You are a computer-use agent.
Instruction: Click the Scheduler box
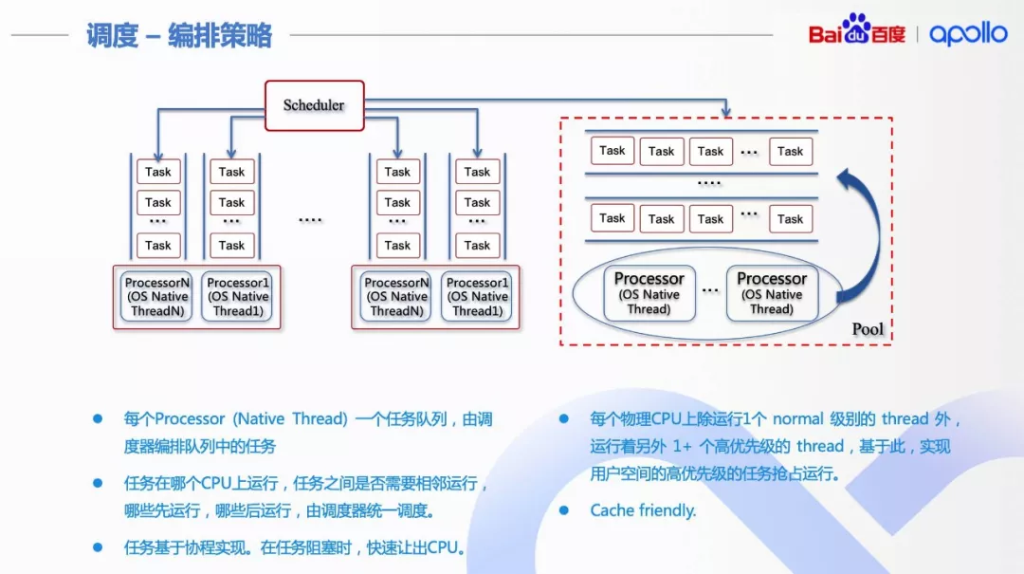[x=314, y=105]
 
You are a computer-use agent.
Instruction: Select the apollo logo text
[x=968, y=33]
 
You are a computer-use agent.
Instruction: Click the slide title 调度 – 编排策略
[x=179, y=36]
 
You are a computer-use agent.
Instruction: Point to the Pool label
[x=868, y=329]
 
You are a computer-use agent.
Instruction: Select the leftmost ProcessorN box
[x=157, y=297]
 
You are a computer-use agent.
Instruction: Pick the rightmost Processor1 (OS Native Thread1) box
[x=477, y=297]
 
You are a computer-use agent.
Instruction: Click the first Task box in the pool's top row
[x=613, y=150]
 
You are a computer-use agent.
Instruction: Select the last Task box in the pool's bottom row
[x=790, y=218]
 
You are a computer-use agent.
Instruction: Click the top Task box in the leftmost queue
[x=158, y=172]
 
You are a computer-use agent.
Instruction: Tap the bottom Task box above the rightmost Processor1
[x=477, y=245]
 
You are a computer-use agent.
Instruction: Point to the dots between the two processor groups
[x=310, y=219]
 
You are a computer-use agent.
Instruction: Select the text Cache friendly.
[x=643, y=510]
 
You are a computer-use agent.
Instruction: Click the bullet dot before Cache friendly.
[x=563, y=510]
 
